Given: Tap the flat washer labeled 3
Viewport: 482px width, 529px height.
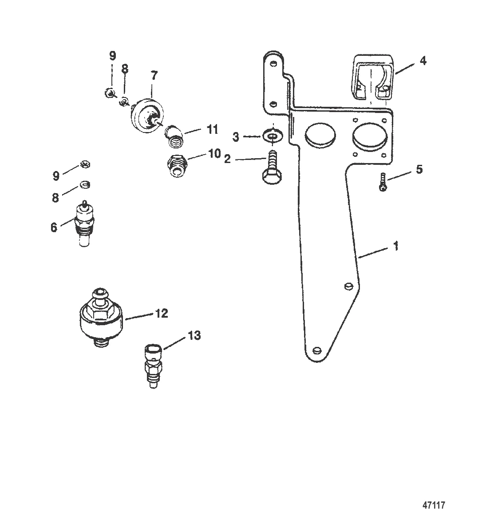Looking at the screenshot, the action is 273,137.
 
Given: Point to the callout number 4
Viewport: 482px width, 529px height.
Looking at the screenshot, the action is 423,61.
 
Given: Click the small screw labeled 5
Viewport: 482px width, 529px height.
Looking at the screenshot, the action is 383,182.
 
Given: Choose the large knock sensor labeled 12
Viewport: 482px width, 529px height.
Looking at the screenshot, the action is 101,317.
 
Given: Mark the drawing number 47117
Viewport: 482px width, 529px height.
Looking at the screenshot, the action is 434,505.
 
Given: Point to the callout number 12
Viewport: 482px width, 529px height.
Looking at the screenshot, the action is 161,313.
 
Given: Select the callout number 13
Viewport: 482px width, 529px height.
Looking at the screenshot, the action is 194,335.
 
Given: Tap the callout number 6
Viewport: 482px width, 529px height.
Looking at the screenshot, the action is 54,228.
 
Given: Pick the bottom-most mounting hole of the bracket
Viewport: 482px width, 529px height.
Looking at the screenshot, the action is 317,350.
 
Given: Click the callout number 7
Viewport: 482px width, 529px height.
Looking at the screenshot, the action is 154,76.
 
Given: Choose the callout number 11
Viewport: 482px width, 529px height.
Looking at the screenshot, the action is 212,129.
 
